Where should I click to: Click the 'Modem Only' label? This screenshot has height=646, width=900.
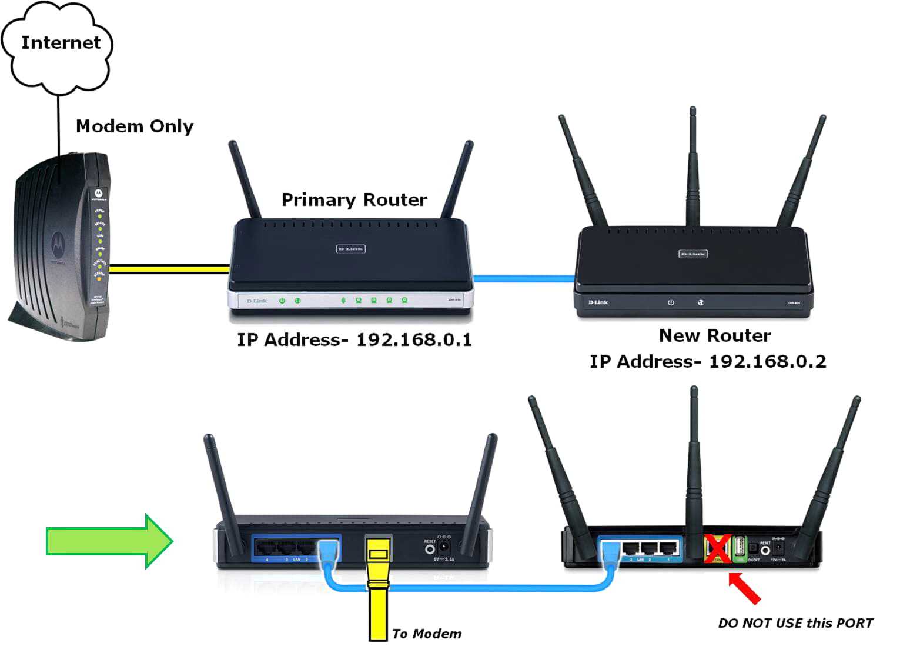coord(134,126)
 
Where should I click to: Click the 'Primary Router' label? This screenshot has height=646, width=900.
coord(354,200)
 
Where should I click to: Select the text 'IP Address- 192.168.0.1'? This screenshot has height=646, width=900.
coord(354,340)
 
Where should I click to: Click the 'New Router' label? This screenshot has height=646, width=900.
coord(714,335)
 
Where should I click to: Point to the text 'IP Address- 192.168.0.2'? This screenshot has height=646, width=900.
coord(708,361)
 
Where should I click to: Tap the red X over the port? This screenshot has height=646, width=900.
coord(718,548)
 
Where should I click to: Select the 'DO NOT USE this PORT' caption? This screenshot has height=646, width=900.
coord(795,623)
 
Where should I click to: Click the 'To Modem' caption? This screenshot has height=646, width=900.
coord(426,634)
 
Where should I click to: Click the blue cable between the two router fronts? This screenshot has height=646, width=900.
coord(523,278)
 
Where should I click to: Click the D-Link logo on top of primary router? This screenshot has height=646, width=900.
coord(350,249)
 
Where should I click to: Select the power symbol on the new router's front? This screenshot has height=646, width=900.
coord(671,302)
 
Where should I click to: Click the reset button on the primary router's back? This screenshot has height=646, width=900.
coord(430,550)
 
